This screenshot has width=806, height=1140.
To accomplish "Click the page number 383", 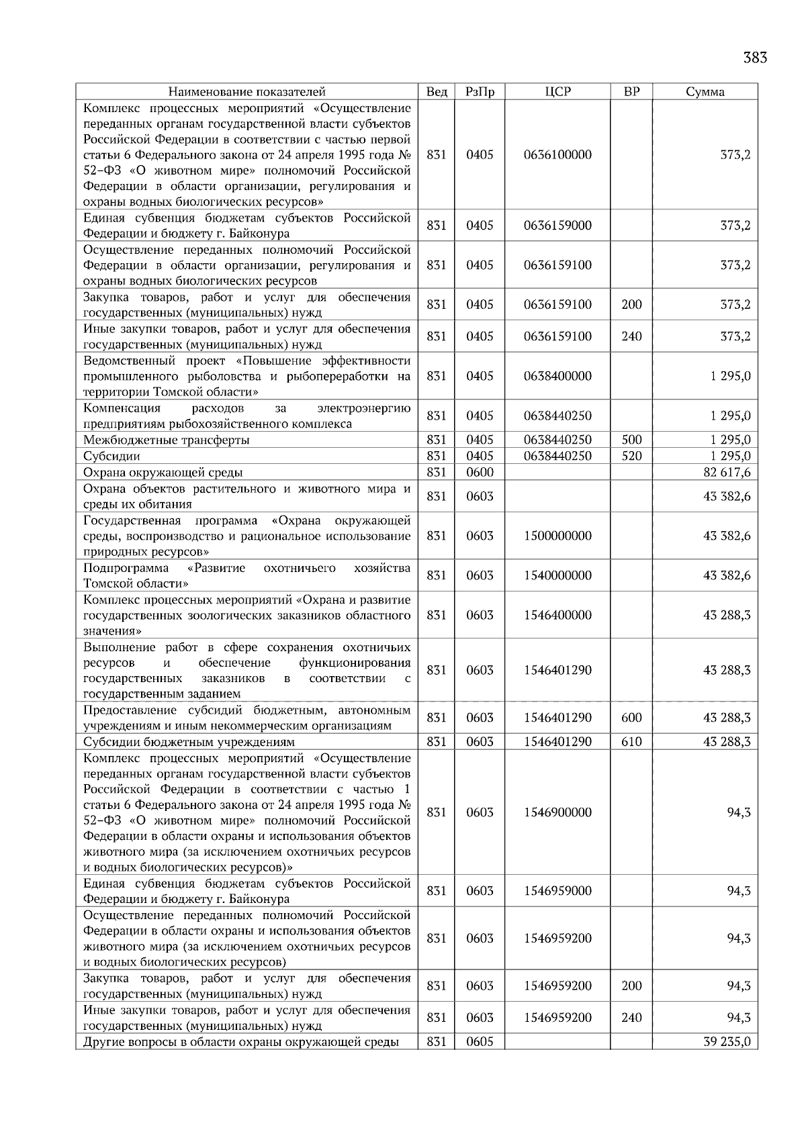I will [754, 58].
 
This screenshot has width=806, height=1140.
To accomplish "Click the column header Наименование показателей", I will [247, 92].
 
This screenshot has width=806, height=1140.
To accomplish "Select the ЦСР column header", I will [557, 92].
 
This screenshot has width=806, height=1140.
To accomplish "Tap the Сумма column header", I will [705, 92].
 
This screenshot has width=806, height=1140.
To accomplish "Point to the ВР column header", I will [631, 92].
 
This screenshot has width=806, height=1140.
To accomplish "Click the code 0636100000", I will [557, 155].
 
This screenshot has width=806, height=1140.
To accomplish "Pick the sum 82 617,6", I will [727, 473].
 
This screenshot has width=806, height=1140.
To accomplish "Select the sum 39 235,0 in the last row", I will [727, 1042].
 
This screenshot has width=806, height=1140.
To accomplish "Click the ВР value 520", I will [631, 457].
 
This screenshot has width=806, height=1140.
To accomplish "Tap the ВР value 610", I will [631, 742].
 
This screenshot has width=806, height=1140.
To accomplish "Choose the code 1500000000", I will [557, 536].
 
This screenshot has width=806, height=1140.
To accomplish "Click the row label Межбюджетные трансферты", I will [167, 440].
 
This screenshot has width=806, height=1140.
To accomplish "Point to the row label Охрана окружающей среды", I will [163, 473].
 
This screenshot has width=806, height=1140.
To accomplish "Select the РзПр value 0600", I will [480, 473].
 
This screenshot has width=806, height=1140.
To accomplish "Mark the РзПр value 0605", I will [480, 1042].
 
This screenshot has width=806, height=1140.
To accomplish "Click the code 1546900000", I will [557, 813].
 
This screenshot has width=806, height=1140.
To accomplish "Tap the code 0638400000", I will [557, 377].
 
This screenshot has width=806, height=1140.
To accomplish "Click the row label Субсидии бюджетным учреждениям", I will [189, 742].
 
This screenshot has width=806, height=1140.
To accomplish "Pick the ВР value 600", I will [631, 718].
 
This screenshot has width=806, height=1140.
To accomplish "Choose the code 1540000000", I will [557, 576].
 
